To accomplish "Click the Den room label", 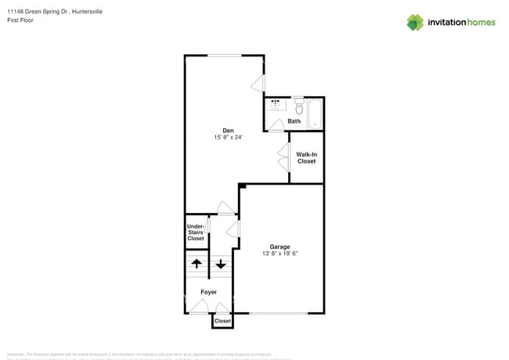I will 228,131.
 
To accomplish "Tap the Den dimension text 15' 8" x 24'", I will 228,138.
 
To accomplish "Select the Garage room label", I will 280,247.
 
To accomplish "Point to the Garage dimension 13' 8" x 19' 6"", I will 280,254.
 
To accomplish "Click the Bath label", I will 294,121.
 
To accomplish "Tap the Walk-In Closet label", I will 306,157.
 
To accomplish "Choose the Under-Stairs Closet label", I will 196,232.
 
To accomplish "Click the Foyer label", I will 208,292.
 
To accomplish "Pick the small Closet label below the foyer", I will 222,321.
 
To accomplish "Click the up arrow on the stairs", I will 197,264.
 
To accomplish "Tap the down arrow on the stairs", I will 221,264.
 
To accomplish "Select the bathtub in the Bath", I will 314,113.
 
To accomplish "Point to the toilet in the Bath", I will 298,106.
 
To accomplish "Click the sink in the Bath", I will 276,104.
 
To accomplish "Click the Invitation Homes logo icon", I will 414,22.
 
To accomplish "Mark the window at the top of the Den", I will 224,55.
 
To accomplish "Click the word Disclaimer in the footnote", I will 18,354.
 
